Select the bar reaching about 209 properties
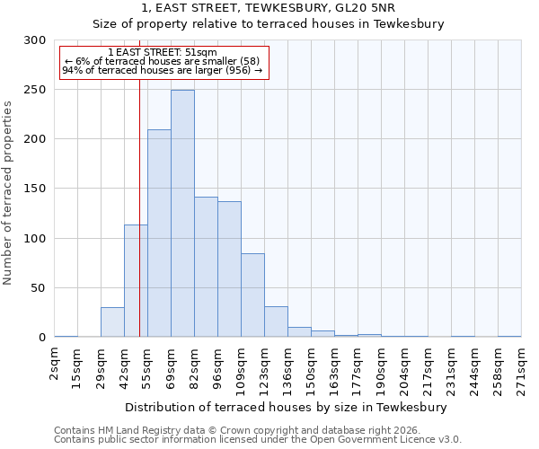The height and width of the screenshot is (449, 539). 159,233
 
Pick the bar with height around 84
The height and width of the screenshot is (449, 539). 252,295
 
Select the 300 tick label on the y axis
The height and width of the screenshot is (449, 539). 34,40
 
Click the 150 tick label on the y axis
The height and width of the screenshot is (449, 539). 34,189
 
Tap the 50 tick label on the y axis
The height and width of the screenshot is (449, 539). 38,288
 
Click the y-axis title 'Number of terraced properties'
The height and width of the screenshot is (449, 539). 9,192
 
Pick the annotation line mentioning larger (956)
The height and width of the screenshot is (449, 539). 162,70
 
